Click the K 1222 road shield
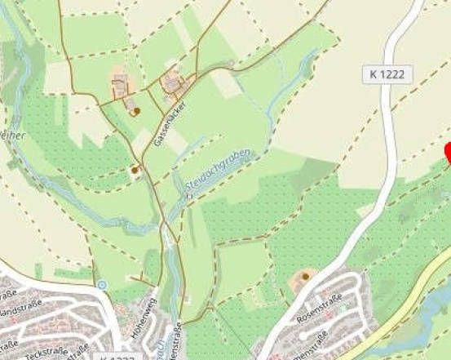point(387,74)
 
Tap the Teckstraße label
point(45,353)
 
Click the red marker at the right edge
point(447,152)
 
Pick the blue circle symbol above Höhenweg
point(101,284)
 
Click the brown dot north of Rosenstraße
point(305,277)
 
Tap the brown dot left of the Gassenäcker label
point(135,170)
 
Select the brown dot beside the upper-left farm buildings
point(136,110)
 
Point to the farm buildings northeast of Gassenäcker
point(173,82)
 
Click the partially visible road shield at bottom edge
point(113,357)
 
